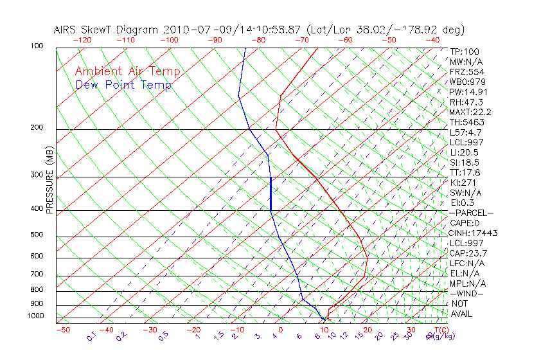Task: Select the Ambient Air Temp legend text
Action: pos(127,72)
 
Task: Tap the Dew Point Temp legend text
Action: pos(123,85)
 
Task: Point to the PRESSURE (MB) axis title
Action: pos(49,181)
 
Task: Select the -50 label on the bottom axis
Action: pos(62,330)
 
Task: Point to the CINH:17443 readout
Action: pos(474,233)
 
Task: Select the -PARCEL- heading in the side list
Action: pos(471,213)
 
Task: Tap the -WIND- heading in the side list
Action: pos(467,293)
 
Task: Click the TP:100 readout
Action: pos(464,51)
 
